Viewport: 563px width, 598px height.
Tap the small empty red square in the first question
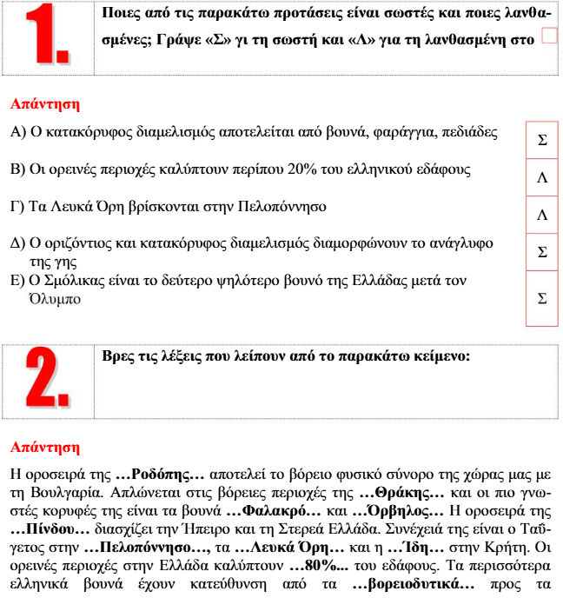[x=548, y=35]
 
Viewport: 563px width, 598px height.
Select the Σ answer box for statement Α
[x=542, y=140]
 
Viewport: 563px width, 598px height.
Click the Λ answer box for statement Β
[x=542, y=177]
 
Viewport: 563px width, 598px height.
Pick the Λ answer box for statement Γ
[x=542, y=215]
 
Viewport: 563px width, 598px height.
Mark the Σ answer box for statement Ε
[x=542, y=298]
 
